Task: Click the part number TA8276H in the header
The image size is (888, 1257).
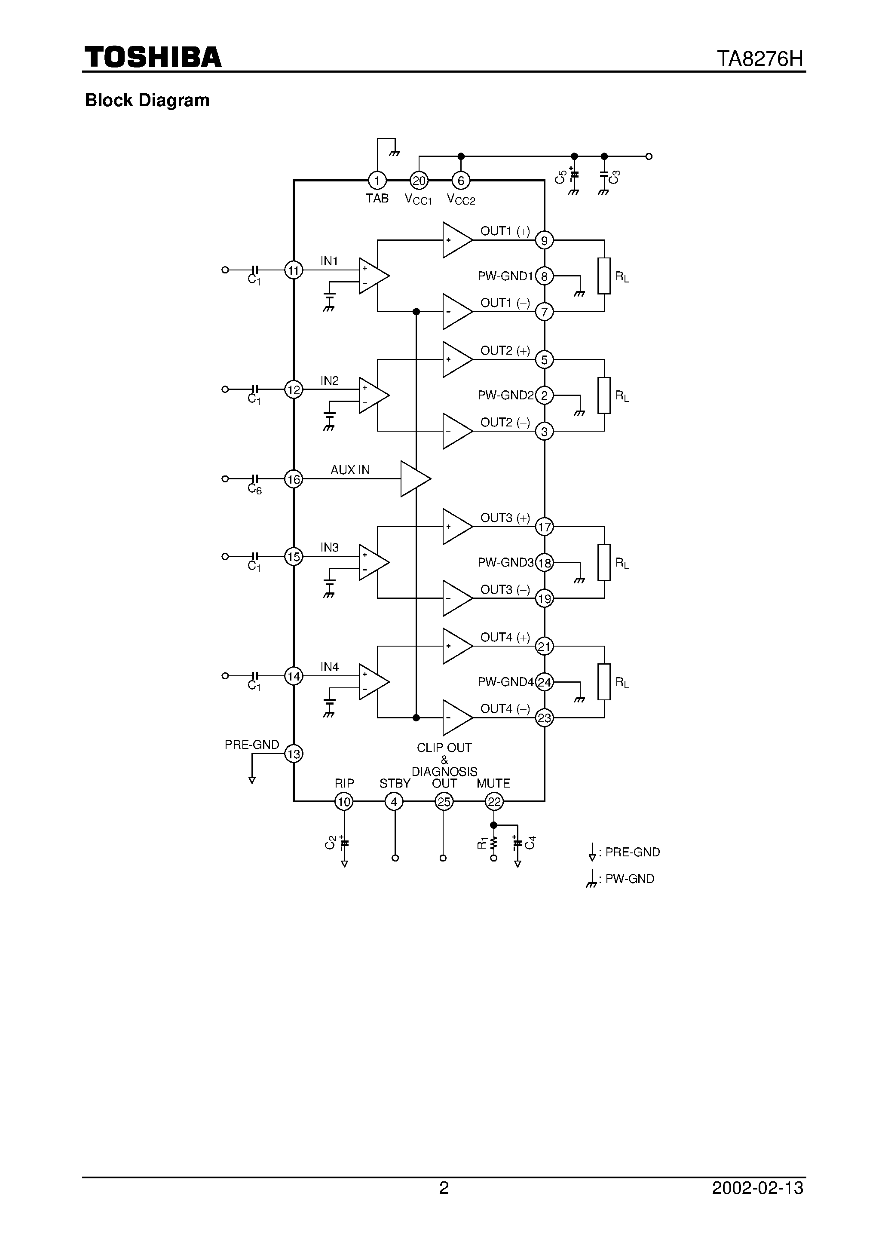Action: click(x=760, y=58)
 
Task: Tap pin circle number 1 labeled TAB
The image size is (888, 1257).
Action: click(x=377, y=180)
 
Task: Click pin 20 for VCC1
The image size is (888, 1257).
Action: click(x=419, y=180)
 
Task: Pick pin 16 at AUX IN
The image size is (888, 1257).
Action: click(x=294, y=479)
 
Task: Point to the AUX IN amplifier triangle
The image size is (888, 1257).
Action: click(x=414, y=479)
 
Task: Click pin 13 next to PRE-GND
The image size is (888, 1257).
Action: click(x=294, y=754)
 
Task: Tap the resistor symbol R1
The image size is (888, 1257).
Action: click(x=493, y=843)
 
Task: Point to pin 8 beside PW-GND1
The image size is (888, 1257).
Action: click(x=544, y=276)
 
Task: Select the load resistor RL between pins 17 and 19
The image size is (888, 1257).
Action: click(x=604, y=562)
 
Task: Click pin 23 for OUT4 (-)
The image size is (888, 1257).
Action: click(x=544, y=718)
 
